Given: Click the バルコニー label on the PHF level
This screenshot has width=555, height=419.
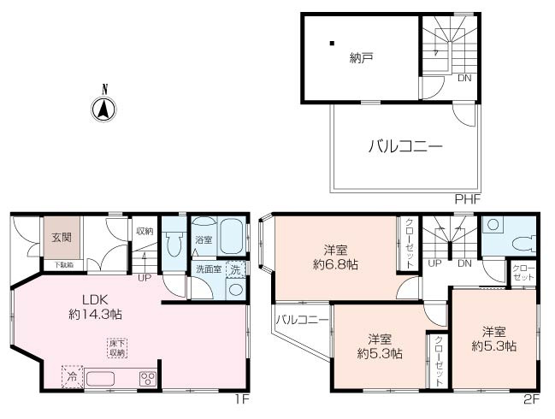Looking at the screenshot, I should tap(405, 146).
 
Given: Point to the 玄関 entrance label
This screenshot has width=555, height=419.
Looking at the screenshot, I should tap(61, 239).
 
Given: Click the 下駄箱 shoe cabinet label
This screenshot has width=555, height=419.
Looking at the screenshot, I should tap(64, 265).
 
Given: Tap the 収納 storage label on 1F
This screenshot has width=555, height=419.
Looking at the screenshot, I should tap(144, 231).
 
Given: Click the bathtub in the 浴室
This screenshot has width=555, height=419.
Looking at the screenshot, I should tap(231, 237).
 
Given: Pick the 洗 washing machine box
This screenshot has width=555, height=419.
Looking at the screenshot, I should tap(234, 269).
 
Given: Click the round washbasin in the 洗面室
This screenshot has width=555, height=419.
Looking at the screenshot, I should tap(234, 288).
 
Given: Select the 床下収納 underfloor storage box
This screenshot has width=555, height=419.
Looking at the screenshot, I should tap(116, 348).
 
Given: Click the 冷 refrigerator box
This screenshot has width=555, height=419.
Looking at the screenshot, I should tap(71, 376).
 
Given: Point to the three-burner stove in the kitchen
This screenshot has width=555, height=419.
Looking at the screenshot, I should tap(146, 378).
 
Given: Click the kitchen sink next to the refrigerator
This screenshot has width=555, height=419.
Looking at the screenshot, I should tap(105, 377).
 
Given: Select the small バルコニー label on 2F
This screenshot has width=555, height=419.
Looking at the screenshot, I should tap(301, 321).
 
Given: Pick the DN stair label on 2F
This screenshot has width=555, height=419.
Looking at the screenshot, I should tap(465, 263).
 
